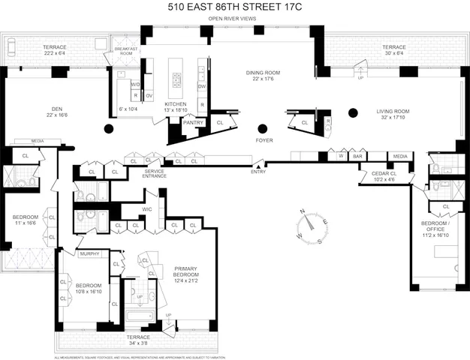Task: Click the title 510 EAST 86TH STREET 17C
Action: coord(236,7)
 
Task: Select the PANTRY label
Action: coord(194,122)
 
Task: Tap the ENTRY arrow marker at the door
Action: coord(261,165)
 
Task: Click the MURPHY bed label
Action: coord(89,253)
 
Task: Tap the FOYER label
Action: coord(264,139)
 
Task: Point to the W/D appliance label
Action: coord(136,85)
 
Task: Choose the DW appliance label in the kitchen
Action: coord(202,86)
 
